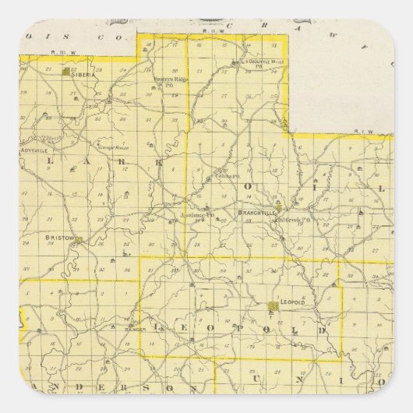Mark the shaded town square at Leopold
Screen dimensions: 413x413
[272, 306]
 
